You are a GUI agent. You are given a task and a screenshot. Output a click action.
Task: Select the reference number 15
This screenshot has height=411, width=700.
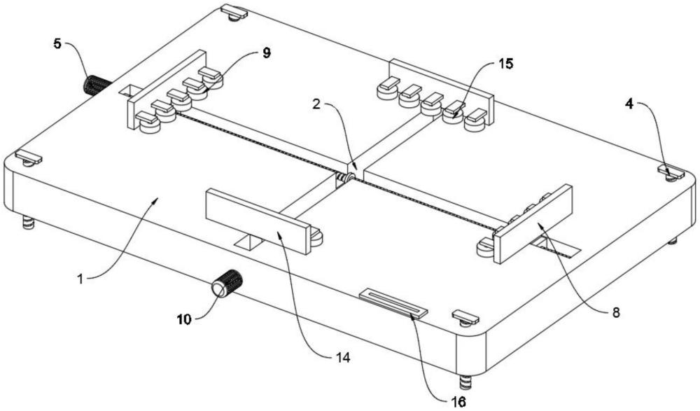click(505, 64)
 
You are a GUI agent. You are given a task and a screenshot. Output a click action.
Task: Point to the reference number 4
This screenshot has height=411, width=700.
click(629, 105)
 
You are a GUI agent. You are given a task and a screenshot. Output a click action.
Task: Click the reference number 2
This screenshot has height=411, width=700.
click(316, 104)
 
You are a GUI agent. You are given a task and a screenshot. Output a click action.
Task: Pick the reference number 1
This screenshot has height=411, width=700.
click(80, 279)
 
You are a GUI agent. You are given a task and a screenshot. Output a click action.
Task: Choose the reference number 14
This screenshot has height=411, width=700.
click(342, 356)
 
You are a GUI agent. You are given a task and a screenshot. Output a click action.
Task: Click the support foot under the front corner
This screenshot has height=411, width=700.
click(465, 383)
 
